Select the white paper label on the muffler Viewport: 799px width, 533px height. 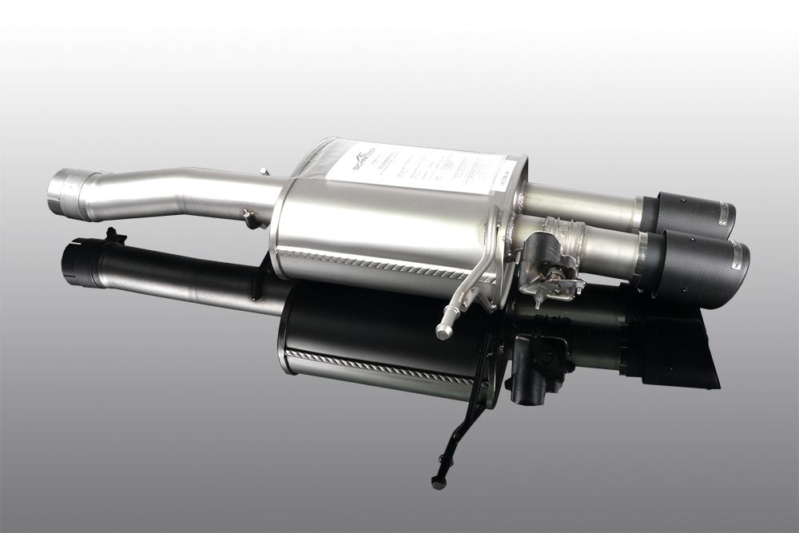[x=415, y=168]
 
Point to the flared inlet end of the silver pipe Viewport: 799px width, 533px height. [x=66, y=192]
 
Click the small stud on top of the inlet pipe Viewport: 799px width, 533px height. [x=263, y=171]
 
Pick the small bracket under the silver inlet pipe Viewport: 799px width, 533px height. [x=252, y=217]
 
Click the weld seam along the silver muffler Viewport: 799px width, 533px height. [x=376, y=264]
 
